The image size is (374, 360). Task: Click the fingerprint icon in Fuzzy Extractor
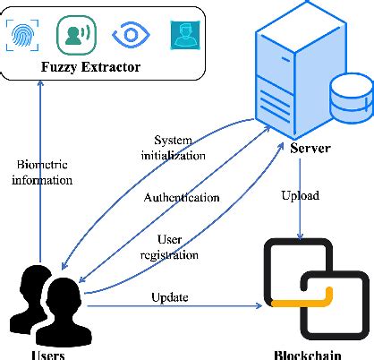tap(23, 34)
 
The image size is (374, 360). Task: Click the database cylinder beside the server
tap(350, 98)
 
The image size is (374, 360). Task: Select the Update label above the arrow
tap(170, 297)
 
